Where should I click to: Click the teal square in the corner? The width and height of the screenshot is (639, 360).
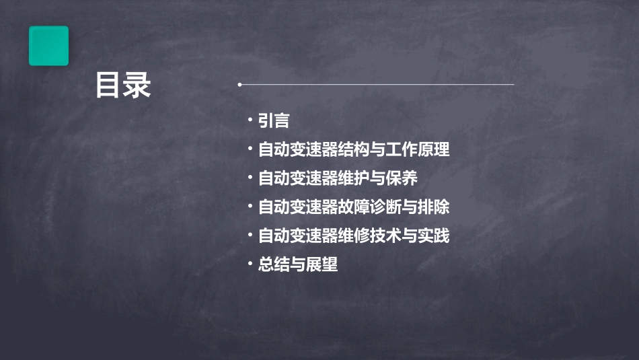(x=48, y=46)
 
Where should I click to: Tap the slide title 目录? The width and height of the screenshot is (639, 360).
(x=123, y=85)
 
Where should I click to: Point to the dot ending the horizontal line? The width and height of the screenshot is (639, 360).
(x=239, y=85)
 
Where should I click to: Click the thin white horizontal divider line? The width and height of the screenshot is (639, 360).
(x=377, y=85)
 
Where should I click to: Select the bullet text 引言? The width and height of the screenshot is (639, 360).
(x=274, y=120)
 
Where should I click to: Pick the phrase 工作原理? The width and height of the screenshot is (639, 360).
(x=417, y=149)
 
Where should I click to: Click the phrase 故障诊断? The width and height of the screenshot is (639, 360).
(x=369, y=207)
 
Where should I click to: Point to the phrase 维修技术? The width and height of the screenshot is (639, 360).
(x=369, y=236)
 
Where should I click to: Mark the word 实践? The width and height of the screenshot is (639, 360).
(x=433, y=236)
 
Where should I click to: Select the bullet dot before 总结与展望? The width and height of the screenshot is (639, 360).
(x=250, y=264)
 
